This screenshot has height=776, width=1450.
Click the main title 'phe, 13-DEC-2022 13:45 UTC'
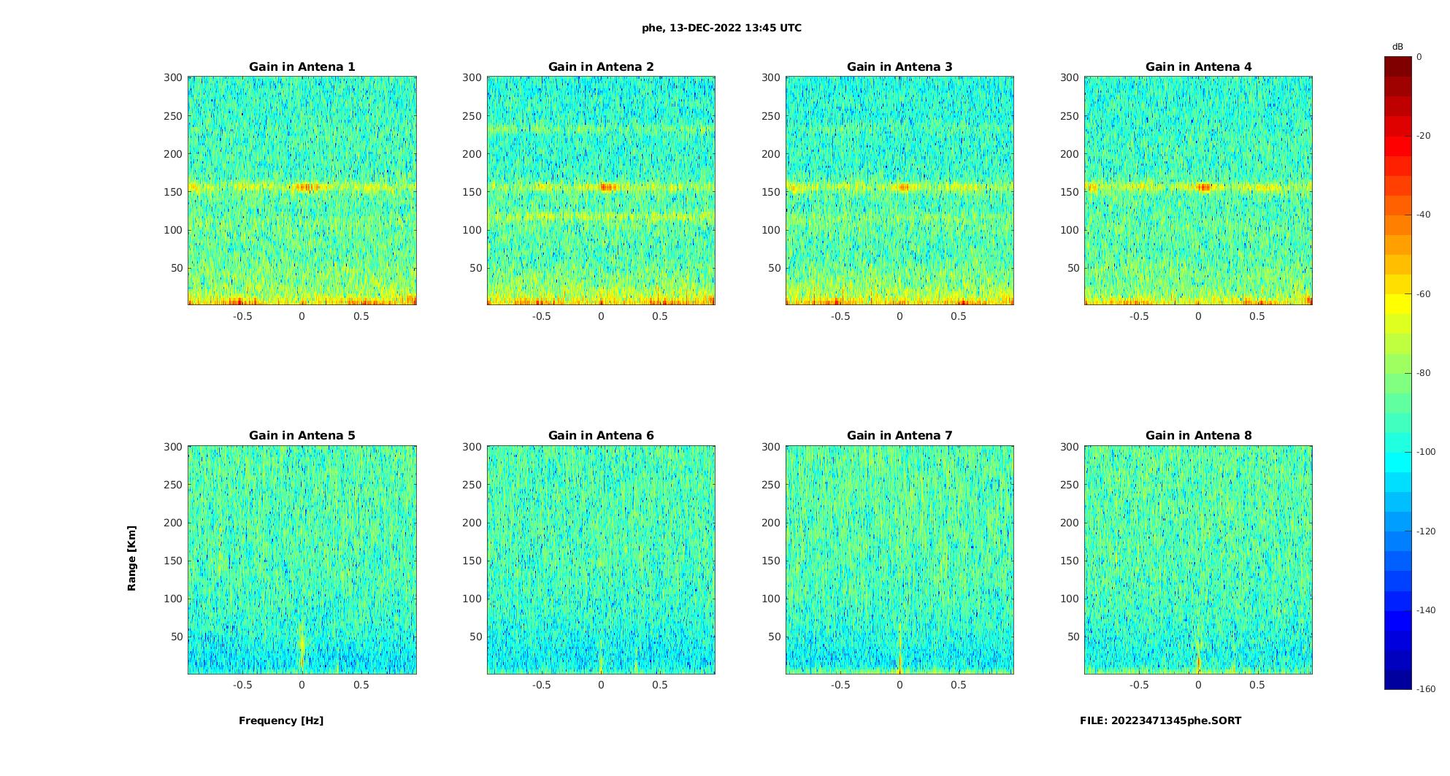pyautogui.click(x=721, y=28)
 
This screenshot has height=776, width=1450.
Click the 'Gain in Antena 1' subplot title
pyautogui.click(x=302, y=67)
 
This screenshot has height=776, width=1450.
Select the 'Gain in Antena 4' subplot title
pyautogui.click(x=1198, y=67)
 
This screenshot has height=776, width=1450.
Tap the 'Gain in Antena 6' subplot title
pyautogui.click(x=601, y=436)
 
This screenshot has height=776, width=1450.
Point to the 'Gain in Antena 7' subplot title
pyautogui.click(x=899, y=436)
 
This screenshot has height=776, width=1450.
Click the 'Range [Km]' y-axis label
pyautogui.click(x=132, y=558)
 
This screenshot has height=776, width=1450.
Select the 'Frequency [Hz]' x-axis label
pyautogui.click(x=281, y=721)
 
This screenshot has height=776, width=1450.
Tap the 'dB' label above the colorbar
pyautogui.click(x=1397, y=47)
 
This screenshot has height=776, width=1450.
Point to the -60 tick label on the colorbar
pyautogui.click(x=1424, y=294)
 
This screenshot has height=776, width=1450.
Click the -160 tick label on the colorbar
pyautogui.click(x=1426, y=689)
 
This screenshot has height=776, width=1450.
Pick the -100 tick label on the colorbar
pyautogui.click(x=1426, y=452)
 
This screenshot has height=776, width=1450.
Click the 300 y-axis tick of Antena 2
pyautogui.click(x=472, y=77)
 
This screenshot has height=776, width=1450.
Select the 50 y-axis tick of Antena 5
pyautogui.click(x=177, y=637)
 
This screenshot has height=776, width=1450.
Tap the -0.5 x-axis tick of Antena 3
pyautogui.click(x=840, y=316)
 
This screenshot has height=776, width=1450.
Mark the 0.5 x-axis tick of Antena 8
pyautogui.click(x=1257, y=685)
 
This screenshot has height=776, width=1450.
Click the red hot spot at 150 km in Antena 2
pyautogui.click(x=607, y=187)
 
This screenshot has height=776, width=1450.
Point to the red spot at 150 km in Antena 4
pyautogui.click(x=1203, y=188)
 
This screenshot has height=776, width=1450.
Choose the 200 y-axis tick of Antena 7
pyautogui.click(x=771, y=523)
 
